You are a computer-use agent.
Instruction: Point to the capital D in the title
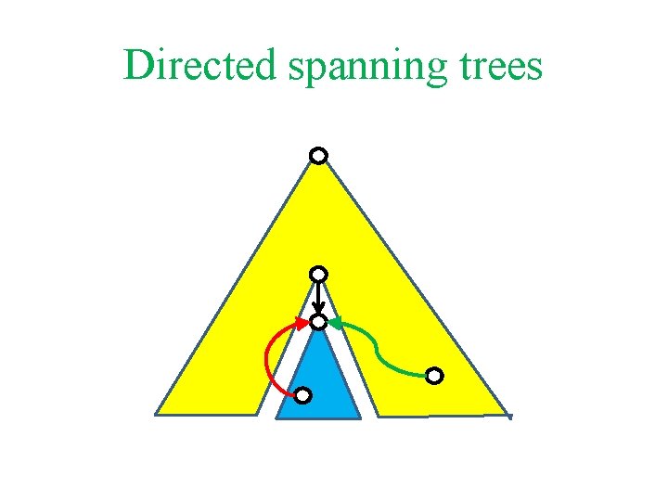click(137, 65)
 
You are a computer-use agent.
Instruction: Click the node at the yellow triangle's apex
click(318, 155)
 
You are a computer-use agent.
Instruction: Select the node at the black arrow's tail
click(318, 274)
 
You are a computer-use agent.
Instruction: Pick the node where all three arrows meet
click(318, 322)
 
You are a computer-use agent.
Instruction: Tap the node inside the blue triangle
click(302, 396)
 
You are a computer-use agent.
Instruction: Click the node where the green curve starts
click(435, 376)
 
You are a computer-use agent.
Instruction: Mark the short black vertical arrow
click(318, 297)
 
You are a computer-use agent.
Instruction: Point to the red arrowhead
click(302, 323)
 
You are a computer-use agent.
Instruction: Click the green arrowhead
click(335, 323)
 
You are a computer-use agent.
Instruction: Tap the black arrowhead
click(318, 310)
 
